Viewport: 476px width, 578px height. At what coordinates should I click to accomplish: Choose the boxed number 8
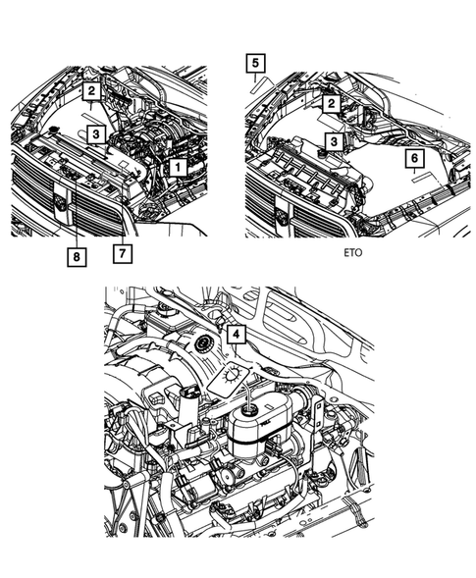(76, 257)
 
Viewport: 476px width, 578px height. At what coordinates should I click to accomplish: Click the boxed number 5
(254, 66)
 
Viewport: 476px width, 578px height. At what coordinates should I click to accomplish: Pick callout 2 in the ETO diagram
(333, 103)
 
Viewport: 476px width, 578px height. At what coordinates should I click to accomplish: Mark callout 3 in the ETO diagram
(335, 142)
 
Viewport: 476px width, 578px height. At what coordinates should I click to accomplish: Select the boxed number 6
(414, 157)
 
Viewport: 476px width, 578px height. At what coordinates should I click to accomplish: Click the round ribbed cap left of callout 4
(203, 345)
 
